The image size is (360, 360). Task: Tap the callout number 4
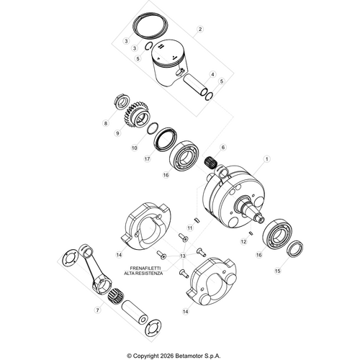pyautogui.click(x=213, y=74)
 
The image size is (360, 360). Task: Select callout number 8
pyautogui.click(x=106, y=123)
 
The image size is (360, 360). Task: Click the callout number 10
pyautogui.click(x=134, y=148)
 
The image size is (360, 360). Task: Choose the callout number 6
pyautogui.click(x=223, y=147)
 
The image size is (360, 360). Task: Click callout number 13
pyautogui.click(x=183, y=256)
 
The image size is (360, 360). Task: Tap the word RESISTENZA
pyautogui.click(x=149, y=274)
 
